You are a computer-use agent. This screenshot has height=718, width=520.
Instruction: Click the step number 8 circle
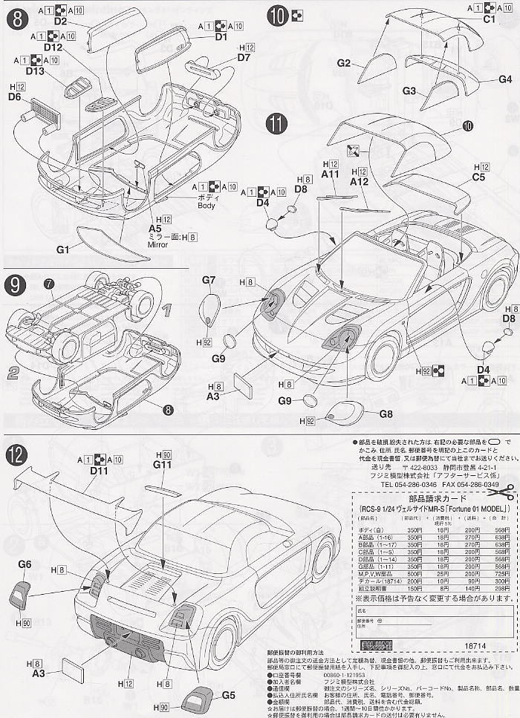16,16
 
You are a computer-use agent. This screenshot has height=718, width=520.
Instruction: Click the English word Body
207,206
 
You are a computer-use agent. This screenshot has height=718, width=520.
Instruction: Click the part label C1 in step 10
489,19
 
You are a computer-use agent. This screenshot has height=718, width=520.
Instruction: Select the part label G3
409,90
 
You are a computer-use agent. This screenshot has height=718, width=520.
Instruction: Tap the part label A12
359,180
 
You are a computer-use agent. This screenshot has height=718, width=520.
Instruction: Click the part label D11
79,471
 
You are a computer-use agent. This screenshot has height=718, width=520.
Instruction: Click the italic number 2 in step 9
13,372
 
